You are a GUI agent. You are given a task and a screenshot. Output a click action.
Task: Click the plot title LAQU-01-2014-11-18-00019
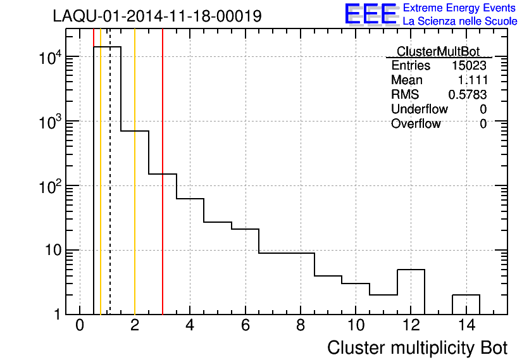(x=157, y=16)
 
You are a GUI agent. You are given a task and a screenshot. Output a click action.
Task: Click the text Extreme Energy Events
(x=460, y=8)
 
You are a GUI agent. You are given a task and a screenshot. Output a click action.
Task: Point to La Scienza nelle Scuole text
(x=460, y=22)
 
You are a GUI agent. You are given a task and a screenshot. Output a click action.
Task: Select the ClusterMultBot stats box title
(x=438, y=51)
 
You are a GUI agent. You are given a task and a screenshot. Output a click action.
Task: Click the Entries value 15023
(x=469, y=66)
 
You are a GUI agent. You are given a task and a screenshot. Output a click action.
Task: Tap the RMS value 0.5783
(x=468, y=95)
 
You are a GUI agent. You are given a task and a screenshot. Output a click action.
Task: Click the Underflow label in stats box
(x=419, y=109)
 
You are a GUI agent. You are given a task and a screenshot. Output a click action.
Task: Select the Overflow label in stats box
(x=416, y=123)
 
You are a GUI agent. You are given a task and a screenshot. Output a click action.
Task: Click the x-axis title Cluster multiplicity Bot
(x=417, y=347)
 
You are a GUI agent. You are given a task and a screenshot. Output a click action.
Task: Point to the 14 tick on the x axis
(x=466, y=326)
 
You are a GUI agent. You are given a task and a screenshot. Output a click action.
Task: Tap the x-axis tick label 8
(x=301, y=326)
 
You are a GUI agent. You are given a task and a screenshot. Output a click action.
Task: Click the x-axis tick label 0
(x=80, y=326)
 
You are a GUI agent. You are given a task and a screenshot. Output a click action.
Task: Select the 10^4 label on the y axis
(x=49, y=58)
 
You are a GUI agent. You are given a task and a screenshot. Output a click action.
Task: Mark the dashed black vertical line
(x=110, y=190)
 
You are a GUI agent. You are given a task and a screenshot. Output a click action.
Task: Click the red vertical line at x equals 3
(x=163, y=190)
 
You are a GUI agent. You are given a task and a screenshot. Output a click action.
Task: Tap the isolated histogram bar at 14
(x=466, y=304)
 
